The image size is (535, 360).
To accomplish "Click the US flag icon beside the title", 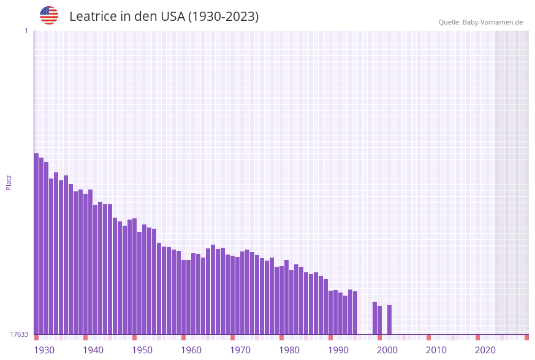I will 49,15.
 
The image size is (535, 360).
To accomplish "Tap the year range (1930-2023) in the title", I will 223,17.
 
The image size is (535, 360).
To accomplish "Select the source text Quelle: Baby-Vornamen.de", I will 480,22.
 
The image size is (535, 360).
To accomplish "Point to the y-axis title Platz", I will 9,182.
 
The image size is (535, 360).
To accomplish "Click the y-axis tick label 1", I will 26,31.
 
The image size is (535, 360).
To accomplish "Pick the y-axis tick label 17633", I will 19,334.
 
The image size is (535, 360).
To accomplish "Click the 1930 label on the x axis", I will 44,350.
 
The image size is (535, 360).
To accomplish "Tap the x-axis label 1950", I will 142,350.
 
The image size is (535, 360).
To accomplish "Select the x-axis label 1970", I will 240,350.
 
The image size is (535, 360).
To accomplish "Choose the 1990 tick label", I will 338,350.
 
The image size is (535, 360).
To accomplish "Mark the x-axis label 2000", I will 387,350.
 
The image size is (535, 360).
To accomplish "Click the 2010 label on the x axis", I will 436,350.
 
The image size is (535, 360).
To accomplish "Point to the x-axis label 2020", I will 485,350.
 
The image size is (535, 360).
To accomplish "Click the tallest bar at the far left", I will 36,245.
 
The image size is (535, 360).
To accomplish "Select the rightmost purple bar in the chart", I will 389,320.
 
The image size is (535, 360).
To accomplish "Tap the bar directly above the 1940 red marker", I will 85,264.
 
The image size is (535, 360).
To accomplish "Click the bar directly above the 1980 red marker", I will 281,300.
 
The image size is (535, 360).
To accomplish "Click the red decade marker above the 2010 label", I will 428,337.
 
